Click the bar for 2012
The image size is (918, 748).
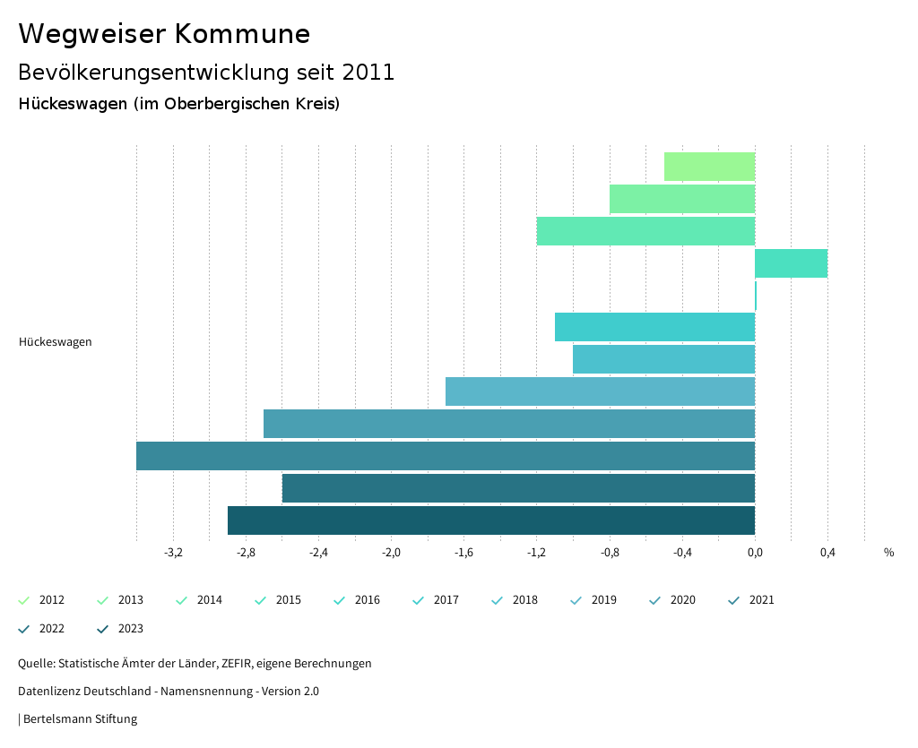pyautogui.click(x=709, y=167)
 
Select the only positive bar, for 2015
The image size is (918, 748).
pyautogui.click(x=791, y=263)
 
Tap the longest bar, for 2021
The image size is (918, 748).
pyautogui.click(x=446, y=456)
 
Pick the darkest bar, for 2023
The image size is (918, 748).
pyautogui.click(x=491, y=520)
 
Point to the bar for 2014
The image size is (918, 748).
pyautogui.click(x=645, y=231)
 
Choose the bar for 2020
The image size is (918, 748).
pyautogui.click(x=509, y=424)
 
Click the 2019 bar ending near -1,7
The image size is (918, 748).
pyautogui.click(x=600, y=391)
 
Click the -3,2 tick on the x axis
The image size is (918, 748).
pyautogui.click(x=174, y=552)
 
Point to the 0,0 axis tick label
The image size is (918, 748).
pyautogui.click(x=755, y=552)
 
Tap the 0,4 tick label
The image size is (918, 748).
pyautogui.click(x=827, y=552)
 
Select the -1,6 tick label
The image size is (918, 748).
pyautogui.click(x=463, y=552)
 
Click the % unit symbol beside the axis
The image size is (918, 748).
pyautogui.click(x=888, y=552)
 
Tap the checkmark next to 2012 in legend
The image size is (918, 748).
pyautogui.click(x=24, y=600)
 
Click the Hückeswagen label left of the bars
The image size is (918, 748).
pyautogui.click(x=56, y=341)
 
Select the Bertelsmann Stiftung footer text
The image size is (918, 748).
pyautogui.click(x=80, y=718)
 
